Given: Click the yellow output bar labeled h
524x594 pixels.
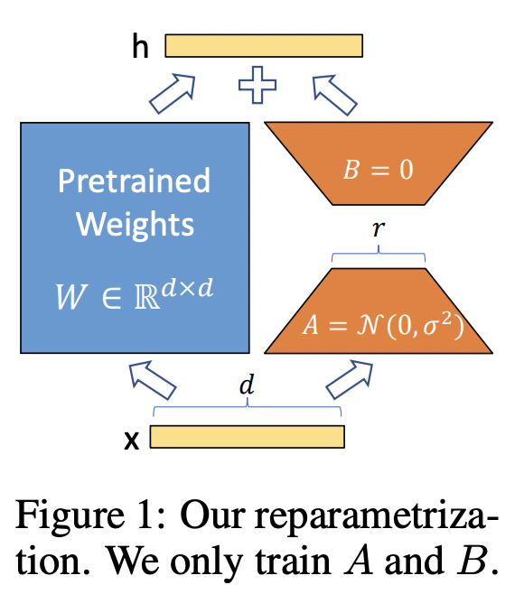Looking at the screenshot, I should tap(264, 45).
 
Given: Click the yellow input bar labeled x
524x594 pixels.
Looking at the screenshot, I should tap(247, 437).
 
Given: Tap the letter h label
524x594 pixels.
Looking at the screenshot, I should tap(140, 47).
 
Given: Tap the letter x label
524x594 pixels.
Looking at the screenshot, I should tap(131, 439).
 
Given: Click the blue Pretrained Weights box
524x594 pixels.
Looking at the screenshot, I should tap(135, 237).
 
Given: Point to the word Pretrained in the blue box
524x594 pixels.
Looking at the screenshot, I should tap(134, 181).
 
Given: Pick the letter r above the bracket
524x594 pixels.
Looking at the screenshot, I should tap(378, 230).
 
